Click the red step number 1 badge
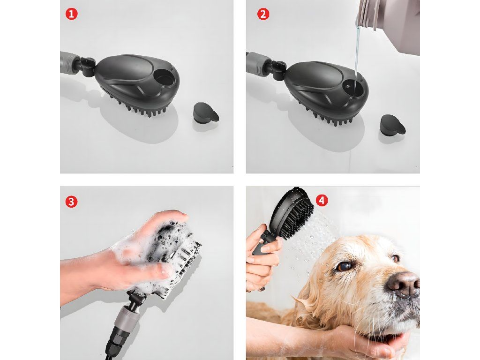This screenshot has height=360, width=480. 71,14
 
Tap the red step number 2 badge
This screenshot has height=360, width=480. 263,14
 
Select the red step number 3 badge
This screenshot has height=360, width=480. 71,202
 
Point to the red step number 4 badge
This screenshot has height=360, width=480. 322,201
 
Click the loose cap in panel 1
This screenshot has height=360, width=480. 206,113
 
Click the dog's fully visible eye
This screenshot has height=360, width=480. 344,266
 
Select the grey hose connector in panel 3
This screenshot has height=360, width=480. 126,320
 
